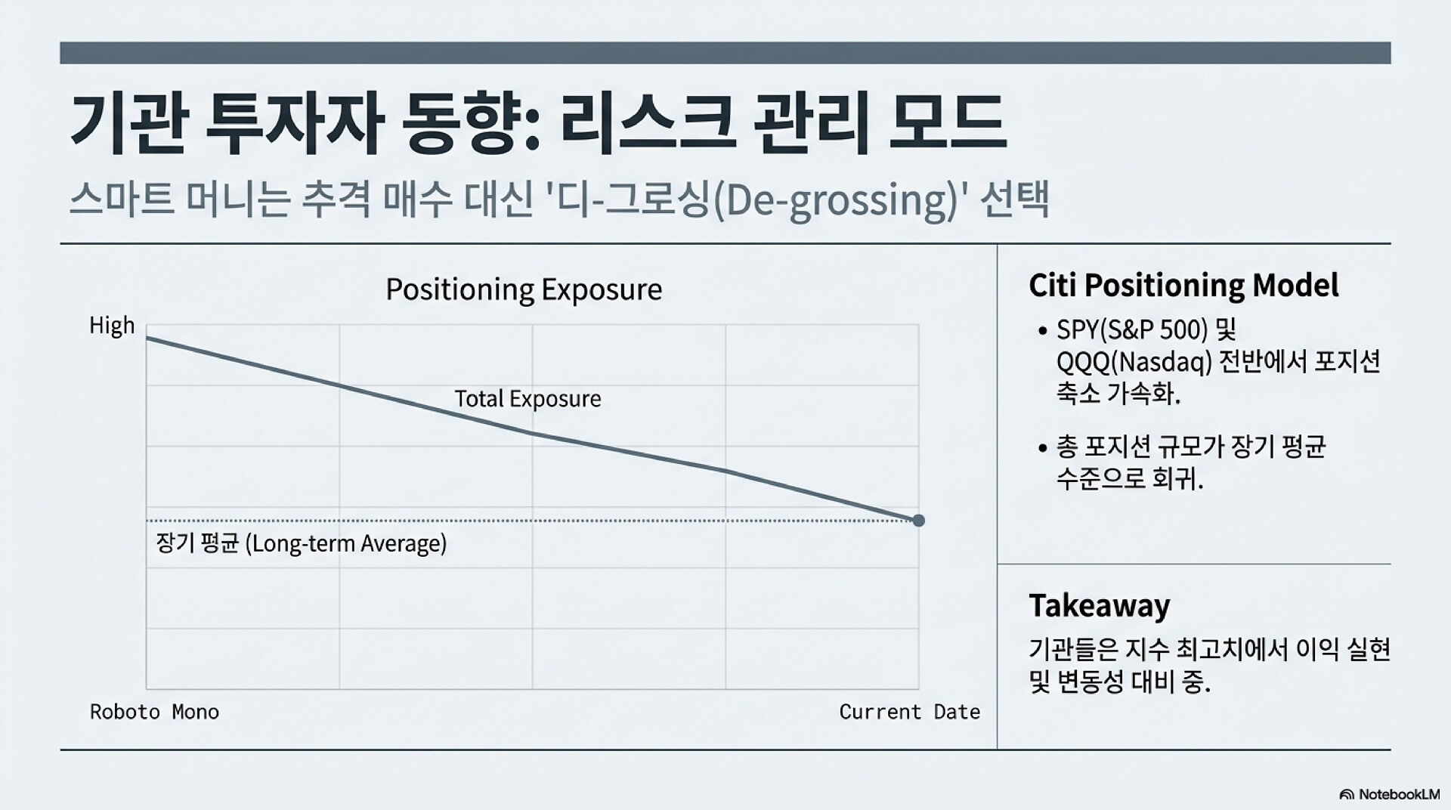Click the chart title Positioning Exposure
click(524, 290)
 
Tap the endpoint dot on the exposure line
click(918, 521)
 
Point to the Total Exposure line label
click(527, 399)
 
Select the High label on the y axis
click(112, 326)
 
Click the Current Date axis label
click(910, 712)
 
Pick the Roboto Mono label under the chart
click(155, 712)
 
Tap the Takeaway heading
click(1100, 606)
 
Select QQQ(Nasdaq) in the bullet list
click(1134, 363)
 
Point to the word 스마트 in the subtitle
click(121, 201)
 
